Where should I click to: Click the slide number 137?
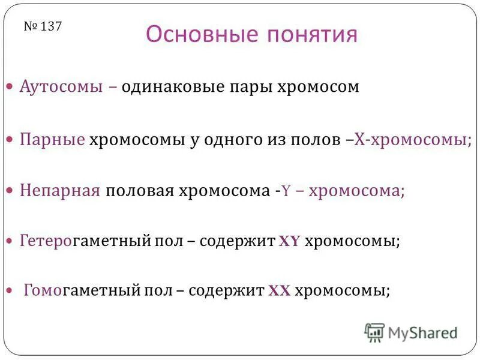click(x=43, y=26)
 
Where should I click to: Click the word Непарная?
click(x=59, y=190)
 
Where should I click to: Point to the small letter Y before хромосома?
click(x=287, y=191)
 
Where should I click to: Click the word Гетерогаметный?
click(x=83, y=241)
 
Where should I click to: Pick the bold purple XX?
click(x=279, y=291)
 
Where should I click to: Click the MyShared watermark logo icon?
click(x=374, y=332)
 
